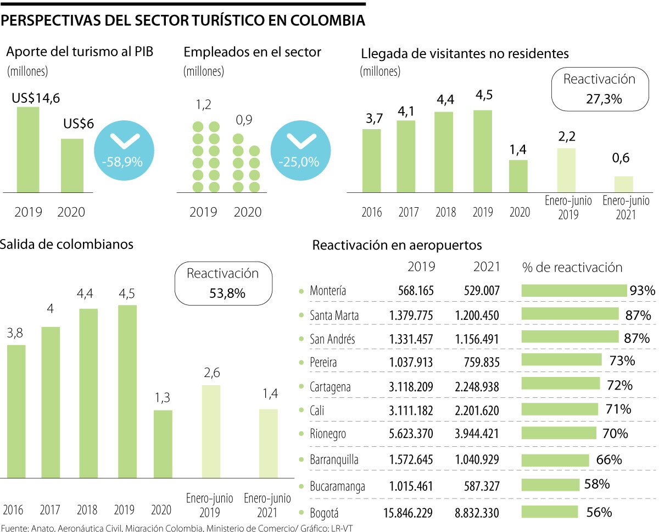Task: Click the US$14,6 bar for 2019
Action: (x=28, y=149)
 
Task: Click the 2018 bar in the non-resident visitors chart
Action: (x=444, y=152)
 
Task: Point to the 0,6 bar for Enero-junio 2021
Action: (x=623, y=184)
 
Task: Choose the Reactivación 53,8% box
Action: (x=222, y=283)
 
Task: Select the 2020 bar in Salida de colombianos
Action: (x=163, y=444)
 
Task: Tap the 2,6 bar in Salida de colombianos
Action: (x=211, y=431)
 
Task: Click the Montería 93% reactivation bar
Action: (x=574, y=291)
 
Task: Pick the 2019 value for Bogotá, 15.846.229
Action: (x=407, y=513)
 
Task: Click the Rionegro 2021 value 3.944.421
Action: (x=477, y=434)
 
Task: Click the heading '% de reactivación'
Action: (x=572, y=268)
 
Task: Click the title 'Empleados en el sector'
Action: (x=253, y=53)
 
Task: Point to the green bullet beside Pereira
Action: (x=300, y=362)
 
